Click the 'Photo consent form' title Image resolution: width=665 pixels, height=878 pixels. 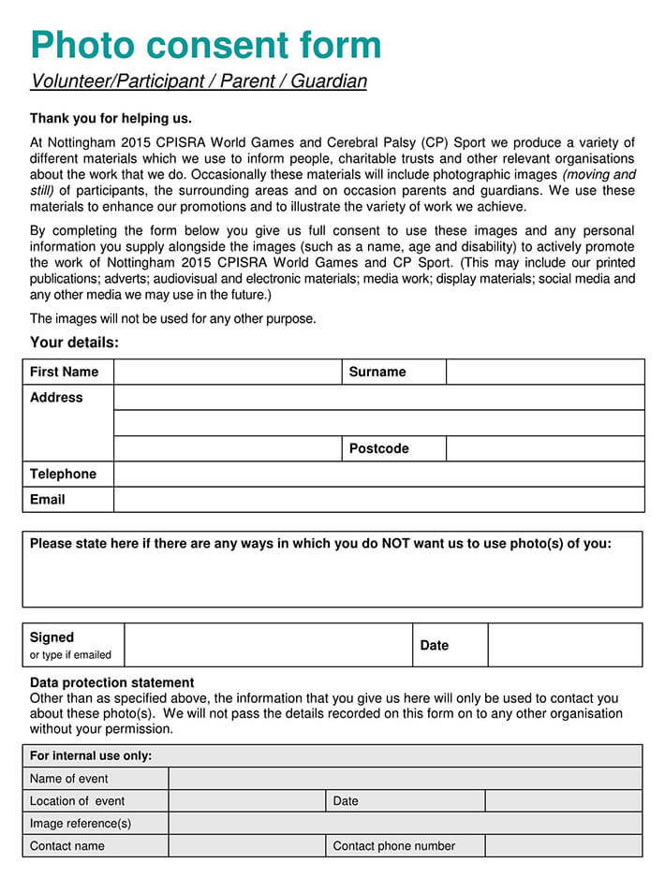tap(206, 45)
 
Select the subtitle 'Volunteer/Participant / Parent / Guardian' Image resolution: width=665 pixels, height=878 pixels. tap(199, 81)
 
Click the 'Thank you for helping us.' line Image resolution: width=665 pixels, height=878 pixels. tap(111, 119)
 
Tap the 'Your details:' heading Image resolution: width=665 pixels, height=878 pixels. tap(74, 343)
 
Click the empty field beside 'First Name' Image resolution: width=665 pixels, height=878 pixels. tap(227, 372)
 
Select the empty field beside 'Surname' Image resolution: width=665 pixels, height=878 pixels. tap(545, 372)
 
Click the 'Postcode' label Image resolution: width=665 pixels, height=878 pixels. tap(378, 448)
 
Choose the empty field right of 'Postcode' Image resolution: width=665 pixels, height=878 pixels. tap(545, 448)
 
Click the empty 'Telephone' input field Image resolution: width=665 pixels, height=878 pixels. tap(378, 474)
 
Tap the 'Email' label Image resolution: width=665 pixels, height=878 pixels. tap(47, 499)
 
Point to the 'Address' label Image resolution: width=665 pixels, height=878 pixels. tap(56, 397)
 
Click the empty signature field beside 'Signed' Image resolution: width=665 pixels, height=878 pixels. tap(268, 645)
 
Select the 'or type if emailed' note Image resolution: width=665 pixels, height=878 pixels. tap(70, 655)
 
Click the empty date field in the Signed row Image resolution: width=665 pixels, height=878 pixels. tap(565, 645)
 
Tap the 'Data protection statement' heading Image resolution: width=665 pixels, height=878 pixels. tap(112, 682)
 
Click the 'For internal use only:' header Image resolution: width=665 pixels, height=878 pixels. tap(91, 755)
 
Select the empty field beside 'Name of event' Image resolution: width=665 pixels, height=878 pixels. tap(405, 778)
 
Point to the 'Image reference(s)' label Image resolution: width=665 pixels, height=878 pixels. tap(81, 824)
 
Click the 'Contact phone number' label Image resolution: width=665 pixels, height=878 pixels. tap(393, 846)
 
